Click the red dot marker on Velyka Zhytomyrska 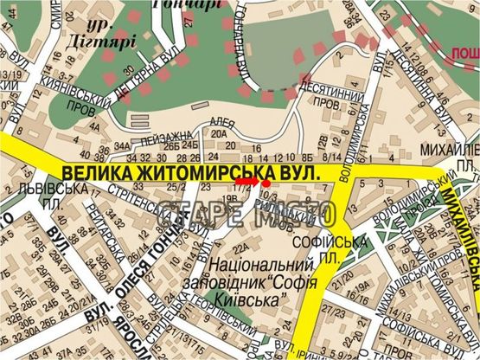coord(266,183)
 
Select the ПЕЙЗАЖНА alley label coord(162,136)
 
